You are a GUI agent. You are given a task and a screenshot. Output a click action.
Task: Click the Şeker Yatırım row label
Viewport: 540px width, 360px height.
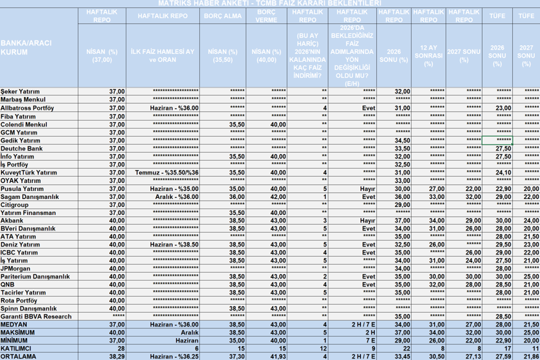click(x=21, y=91)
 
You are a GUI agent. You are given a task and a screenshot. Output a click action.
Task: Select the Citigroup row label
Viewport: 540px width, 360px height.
click(x=15, y=205)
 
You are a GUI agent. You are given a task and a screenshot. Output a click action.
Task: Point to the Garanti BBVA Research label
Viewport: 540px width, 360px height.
click(x=36, y=317)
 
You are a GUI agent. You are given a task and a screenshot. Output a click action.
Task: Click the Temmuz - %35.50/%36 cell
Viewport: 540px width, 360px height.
click(x=167, y=173)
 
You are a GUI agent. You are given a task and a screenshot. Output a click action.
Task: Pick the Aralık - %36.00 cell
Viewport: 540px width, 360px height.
click(x=174, y=197)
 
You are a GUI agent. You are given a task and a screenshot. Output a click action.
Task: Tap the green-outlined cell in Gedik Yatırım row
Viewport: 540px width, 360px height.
click(x=497, y=141)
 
